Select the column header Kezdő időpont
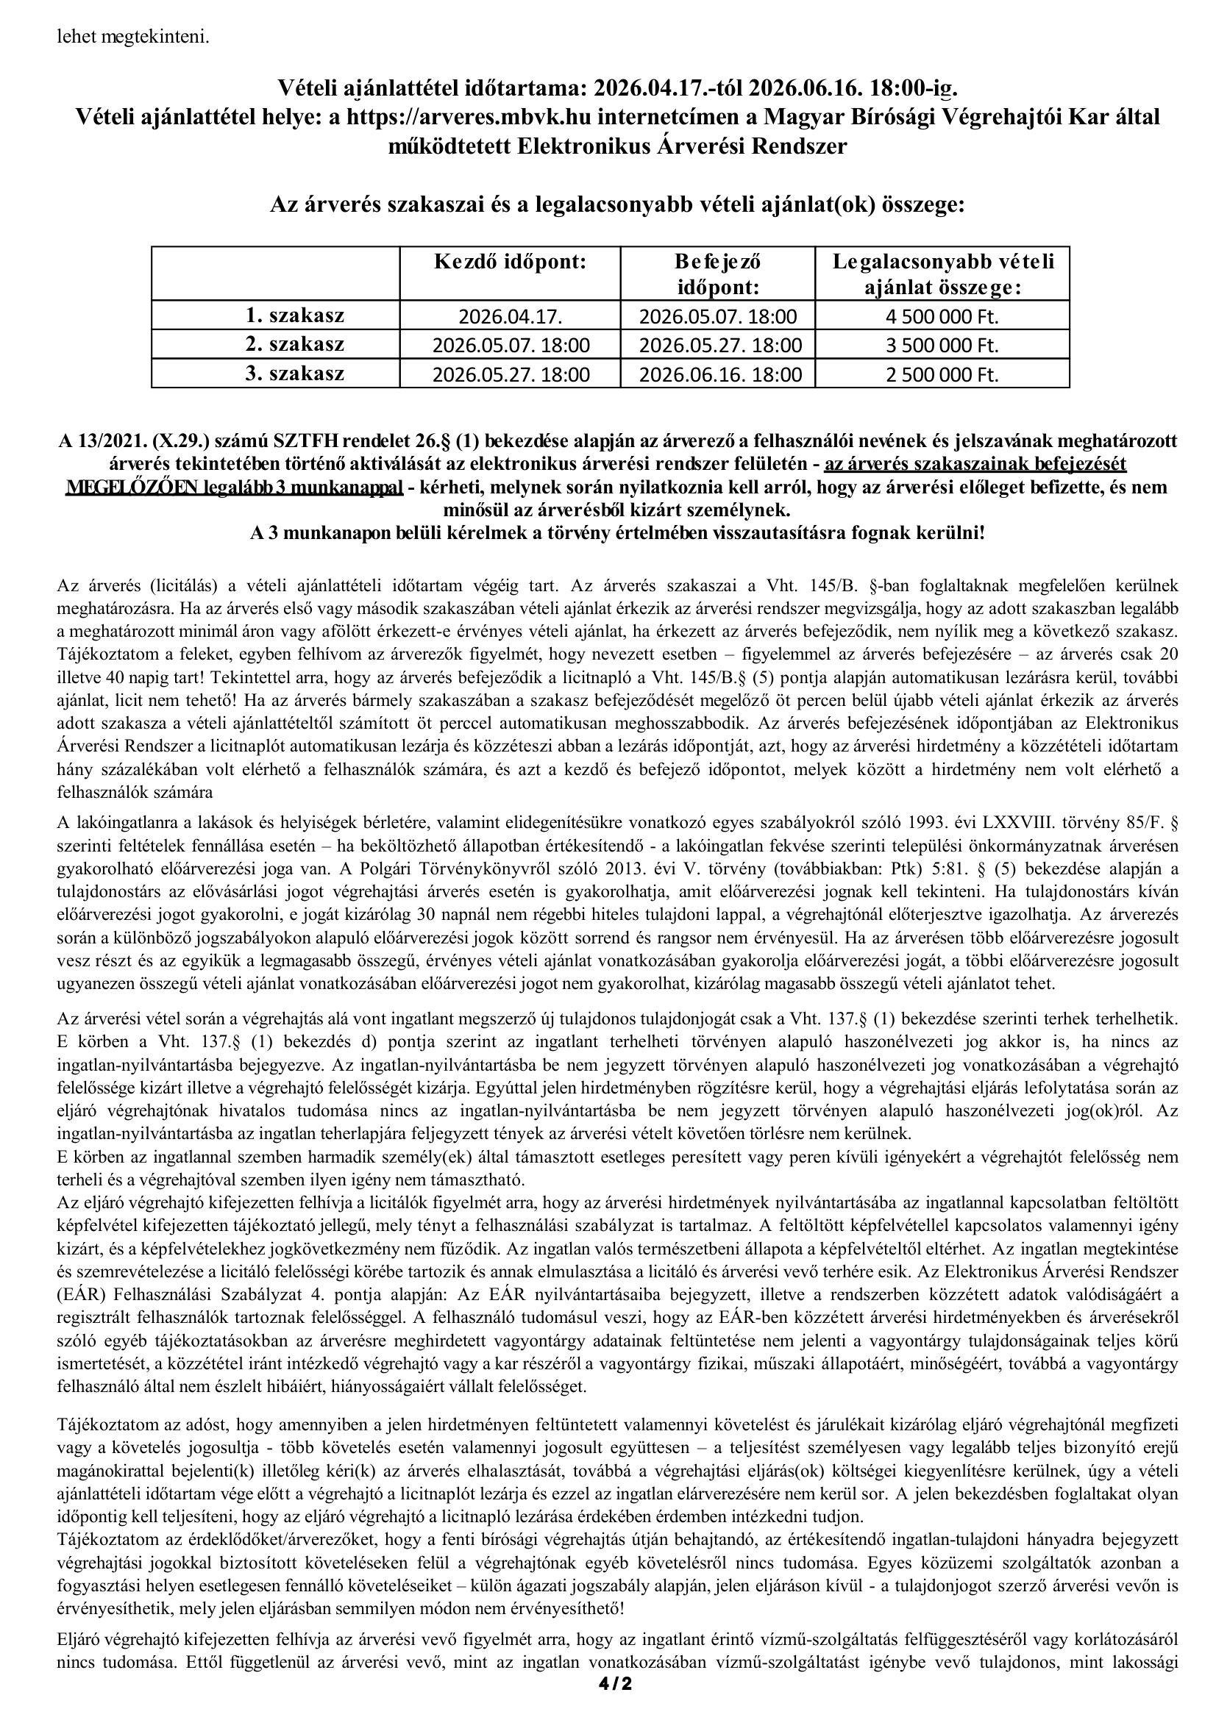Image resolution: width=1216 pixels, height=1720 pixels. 511,263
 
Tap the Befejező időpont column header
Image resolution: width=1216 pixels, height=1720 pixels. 717,274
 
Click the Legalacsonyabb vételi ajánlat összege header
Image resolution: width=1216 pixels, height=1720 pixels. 942,274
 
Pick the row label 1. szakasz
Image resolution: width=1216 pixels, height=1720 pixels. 295,316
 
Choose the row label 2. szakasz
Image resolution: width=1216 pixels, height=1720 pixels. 295,345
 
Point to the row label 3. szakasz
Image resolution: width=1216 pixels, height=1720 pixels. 295,373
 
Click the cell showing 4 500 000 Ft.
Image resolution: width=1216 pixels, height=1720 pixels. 942,317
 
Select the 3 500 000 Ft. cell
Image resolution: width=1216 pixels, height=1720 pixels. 942,346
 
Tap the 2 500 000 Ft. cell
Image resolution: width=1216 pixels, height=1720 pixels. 942,374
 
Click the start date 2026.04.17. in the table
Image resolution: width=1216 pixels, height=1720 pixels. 511,317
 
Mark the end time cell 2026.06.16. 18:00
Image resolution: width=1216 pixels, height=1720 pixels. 717,374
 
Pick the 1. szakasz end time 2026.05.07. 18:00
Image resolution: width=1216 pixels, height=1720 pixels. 717,317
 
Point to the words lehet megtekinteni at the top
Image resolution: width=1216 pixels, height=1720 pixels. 133,37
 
